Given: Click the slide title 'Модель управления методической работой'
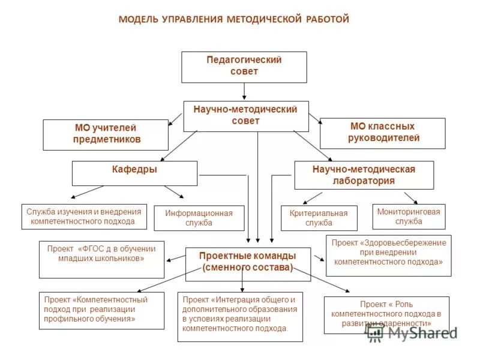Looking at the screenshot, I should tap(234, 20).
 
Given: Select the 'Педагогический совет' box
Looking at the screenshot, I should tap(244, 67).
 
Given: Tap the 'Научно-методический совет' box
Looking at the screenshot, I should tap(245, 116).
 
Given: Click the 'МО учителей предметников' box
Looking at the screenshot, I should tap(106, 134).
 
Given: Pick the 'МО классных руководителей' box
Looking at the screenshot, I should tap(382, 133).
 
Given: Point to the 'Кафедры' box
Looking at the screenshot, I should tap(134, 173).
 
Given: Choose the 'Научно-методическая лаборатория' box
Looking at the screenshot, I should tap(364, 175).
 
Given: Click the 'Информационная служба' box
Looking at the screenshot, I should tap(199, 218).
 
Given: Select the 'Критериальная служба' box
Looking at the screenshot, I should tap(319, 218).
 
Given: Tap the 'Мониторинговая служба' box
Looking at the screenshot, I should tap(409, 216).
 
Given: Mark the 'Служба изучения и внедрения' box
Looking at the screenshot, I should tap(84, 216).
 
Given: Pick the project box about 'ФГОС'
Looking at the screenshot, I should tap(101, 259).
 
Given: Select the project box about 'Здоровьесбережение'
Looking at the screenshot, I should tap(388, 255).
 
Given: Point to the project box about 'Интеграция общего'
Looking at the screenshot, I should tap(240, 316).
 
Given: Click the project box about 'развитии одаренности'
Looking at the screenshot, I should tap(386, 314).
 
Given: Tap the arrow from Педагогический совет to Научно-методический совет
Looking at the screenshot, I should tap(244, 91).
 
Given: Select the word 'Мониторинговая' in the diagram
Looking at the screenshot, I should tap(409, 212).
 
